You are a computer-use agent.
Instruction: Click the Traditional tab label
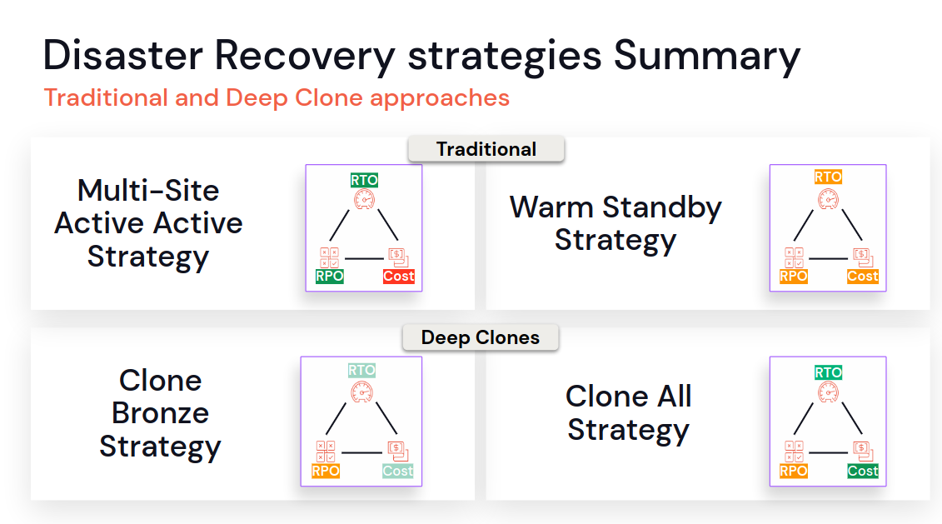tap(486, 149)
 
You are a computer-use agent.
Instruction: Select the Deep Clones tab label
tap(480, 337)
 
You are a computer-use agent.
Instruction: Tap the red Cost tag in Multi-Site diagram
tap(399, 276)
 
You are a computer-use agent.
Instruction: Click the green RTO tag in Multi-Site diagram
tap(364, 180)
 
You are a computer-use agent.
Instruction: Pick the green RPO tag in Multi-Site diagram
tap(330, 276)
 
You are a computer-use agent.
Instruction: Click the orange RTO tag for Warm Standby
tap(828, 177)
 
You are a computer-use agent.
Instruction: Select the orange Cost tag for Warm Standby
tap(863, 276)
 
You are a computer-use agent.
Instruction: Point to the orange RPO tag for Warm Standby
tap(794, 276)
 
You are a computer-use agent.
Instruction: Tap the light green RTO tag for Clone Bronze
tap(361, 370)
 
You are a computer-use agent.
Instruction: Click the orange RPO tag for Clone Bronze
tap(326, 472)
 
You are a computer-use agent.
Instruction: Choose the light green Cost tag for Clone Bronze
tap(398, 472)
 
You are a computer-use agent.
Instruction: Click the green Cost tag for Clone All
tap(863, 472)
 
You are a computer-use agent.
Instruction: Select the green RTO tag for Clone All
tap(828, 372)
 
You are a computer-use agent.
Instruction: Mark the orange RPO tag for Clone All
tap(794, 472)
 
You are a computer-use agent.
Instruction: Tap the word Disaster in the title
tap(122, 55)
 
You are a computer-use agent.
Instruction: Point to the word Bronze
tap(161, 413)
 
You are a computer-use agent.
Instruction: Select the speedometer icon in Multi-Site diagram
tap(364, 199)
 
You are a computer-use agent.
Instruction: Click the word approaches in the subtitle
tap(440, 98)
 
